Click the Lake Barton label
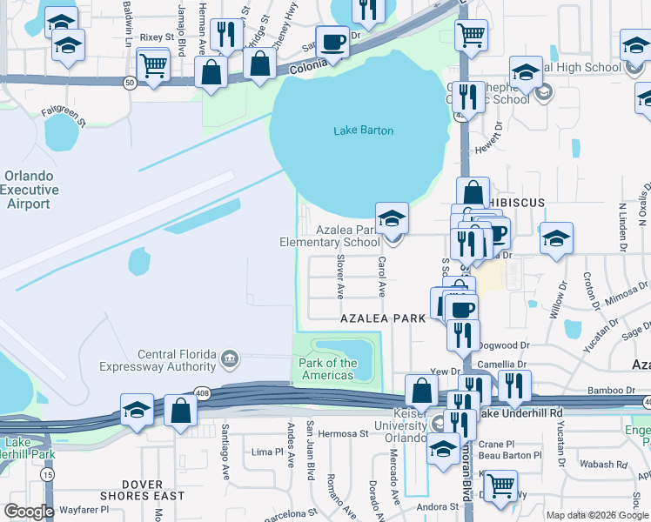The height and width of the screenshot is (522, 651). pos(363,130)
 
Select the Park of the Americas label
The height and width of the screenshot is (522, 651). pos(327,369)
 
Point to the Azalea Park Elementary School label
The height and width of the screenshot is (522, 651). pos(329,236)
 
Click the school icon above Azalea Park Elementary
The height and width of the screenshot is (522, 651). pos(393,217)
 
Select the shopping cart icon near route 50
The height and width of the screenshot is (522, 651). pos(153,64)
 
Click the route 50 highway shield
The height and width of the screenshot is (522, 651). pos(129,83)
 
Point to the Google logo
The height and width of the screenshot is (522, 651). pos(29,512)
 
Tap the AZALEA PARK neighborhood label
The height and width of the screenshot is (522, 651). pos(383,318)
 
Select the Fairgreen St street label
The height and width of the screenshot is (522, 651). pos(64,113)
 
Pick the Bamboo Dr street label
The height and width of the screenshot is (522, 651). pos(582,391)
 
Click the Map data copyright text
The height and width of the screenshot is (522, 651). pos(596,515)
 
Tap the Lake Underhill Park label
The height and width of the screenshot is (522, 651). pos(17,447)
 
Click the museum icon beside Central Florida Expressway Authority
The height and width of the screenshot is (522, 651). pos(230,355)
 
